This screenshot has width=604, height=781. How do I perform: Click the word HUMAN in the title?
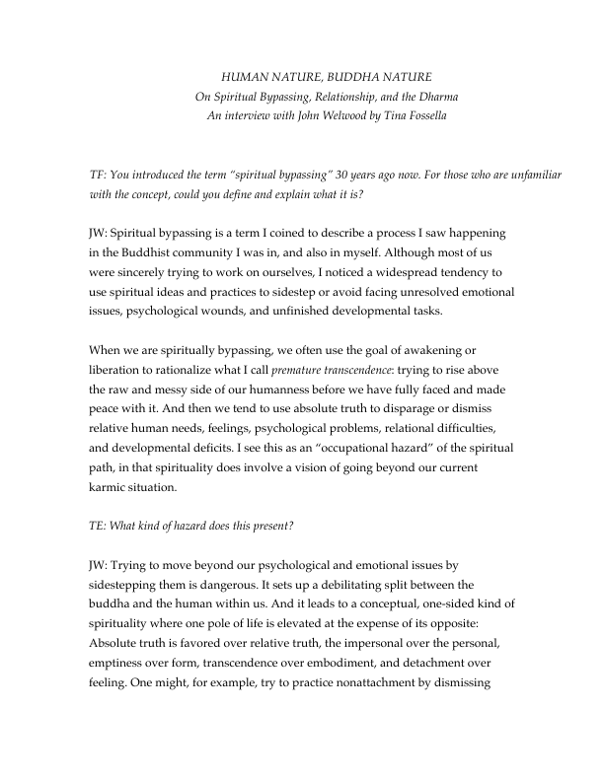[x=244, y=76]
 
